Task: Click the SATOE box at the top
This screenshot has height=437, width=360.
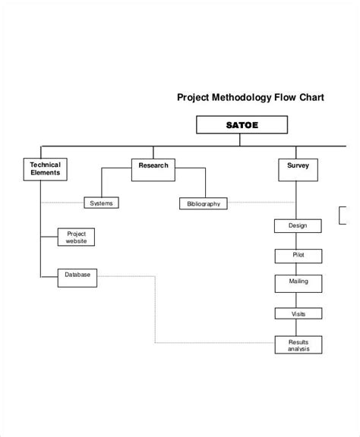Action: (x=242, y=125)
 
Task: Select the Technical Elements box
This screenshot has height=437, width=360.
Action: (x=45, y=169)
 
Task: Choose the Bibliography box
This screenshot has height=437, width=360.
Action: (x=203, y=203)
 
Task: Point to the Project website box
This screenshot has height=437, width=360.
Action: (x=77, y=237)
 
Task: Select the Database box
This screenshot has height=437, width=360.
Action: (x=77, y=277)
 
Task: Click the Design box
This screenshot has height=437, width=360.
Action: (x=297, y=226)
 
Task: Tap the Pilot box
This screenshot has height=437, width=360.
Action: (x=297, y=255)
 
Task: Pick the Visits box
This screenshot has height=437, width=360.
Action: (x=297, y=313)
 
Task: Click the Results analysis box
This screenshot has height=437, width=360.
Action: (x=297, y=345)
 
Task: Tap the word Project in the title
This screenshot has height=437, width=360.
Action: (x=193, y=97)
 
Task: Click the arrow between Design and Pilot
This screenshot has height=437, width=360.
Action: (x=297, y=241)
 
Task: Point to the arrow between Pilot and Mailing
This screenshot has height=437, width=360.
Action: (x=297, y=269)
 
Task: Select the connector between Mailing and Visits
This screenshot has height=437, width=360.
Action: (x=297, y=299)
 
